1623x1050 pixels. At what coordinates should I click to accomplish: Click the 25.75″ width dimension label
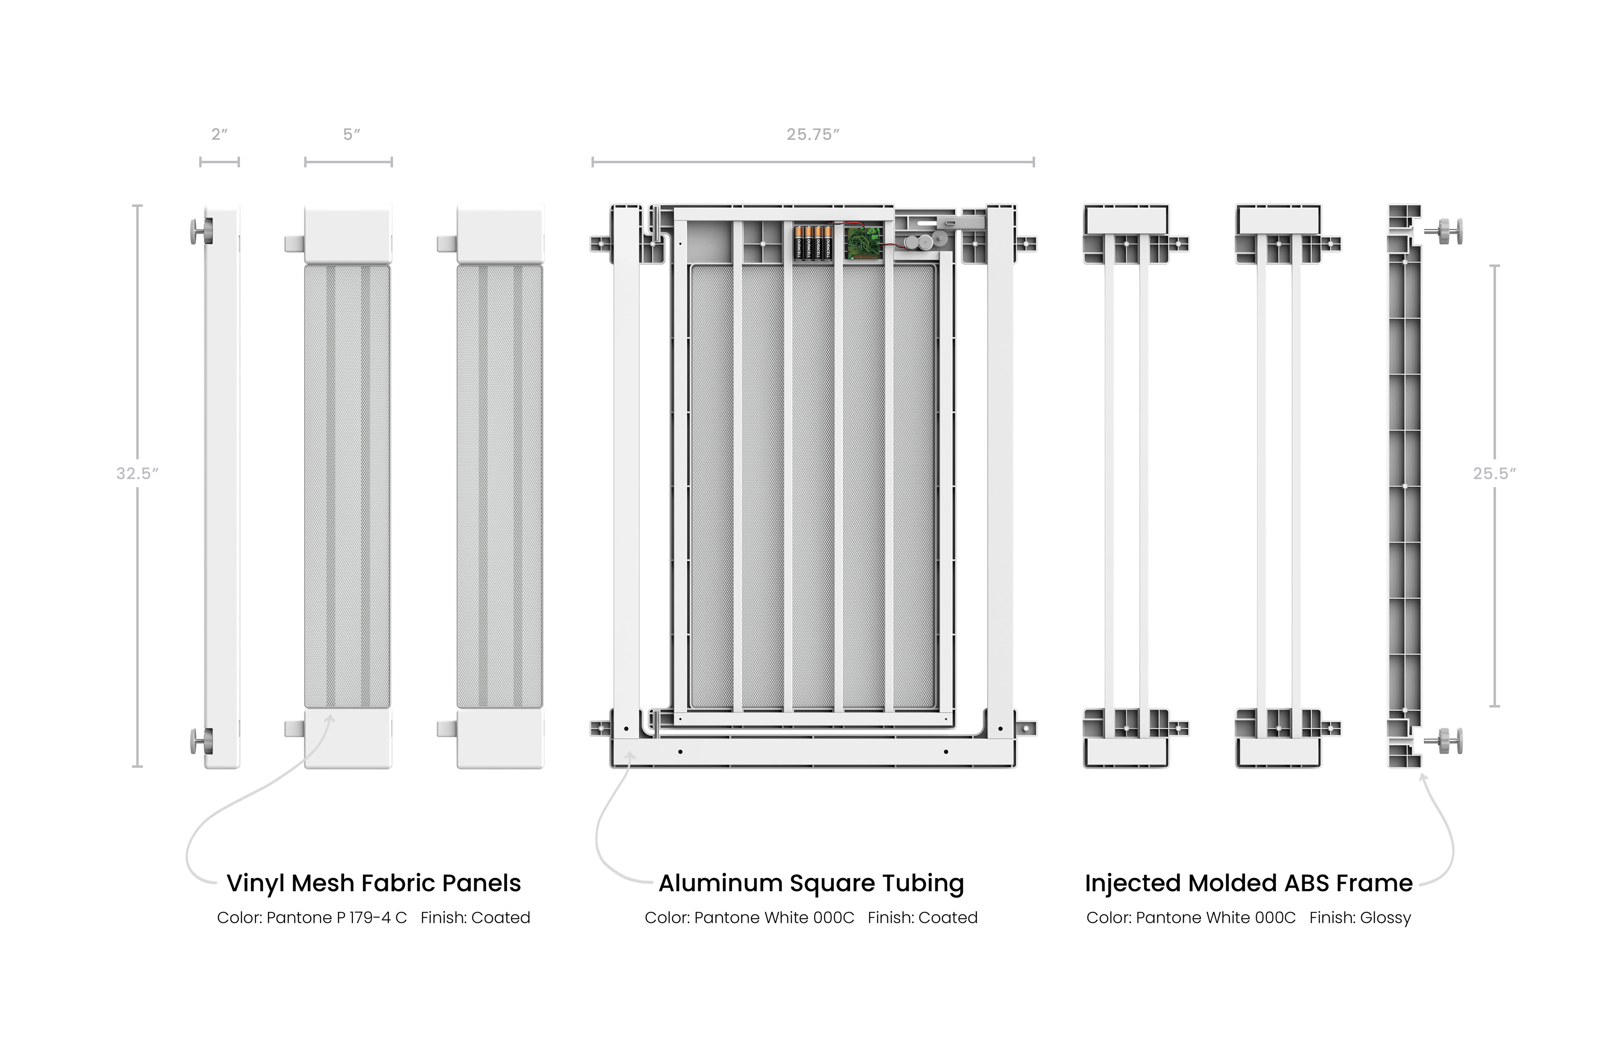[813, 134]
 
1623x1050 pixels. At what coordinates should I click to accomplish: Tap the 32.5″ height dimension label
[137, 473]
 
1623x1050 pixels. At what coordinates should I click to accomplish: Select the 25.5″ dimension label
[1494, 473]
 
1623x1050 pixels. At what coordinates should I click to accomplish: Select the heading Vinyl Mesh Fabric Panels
[374, 883]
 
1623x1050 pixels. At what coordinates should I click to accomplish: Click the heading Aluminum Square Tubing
[811, 883]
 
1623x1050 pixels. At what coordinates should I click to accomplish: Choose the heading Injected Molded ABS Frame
[1249, 883]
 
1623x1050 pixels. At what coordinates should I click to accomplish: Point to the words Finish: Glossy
[1360, 918]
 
